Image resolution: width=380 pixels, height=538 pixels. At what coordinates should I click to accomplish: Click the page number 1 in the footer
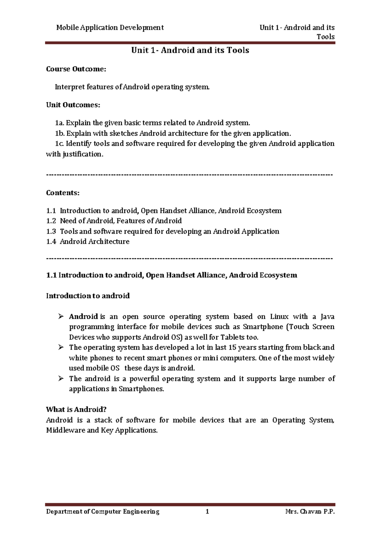(207, 511)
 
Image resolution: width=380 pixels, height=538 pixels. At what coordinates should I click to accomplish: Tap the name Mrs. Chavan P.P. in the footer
(310, 511)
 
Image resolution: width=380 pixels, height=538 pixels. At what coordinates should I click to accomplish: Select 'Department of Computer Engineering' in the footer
(103, 511)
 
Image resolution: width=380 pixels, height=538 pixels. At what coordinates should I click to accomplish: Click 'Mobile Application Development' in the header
(110, 28)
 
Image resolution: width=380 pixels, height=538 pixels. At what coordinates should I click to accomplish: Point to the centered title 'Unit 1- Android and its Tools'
(190, 50)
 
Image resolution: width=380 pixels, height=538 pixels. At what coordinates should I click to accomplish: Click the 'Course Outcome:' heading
(76, 69)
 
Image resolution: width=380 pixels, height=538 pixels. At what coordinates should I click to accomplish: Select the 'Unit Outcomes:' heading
(73, 105)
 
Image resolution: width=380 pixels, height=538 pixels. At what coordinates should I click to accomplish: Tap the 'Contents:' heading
(63, 193)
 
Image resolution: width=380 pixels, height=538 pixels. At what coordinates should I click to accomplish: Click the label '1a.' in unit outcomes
(59, 123)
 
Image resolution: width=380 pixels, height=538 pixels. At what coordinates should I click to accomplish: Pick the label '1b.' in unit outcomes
(60, 133)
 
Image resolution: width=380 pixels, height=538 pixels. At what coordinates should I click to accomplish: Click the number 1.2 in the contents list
(51, 221)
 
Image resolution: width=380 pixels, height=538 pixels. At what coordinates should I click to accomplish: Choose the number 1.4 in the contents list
(51, 241)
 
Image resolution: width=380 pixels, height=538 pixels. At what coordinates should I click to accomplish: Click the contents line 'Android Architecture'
(95, 241)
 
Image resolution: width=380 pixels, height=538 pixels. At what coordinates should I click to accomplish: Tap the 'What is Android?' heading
(76, 409)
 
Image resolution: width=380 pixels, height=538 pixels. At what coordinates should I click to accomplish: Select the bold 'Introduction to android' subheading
(88, 296)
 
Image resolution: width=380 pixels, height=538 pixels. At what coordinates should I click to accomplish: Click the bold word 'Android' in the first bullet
(83, 317)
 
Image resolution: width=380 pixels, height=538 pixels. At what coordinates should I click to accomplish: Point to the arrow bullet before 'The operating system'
(61, 347)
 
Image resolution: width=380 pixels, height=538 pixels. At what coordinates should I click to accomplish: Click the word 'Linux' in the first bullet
(279, 317)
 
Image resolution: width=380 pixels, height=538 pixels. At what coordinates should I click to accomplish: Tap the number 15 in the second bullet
(232, 347)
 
